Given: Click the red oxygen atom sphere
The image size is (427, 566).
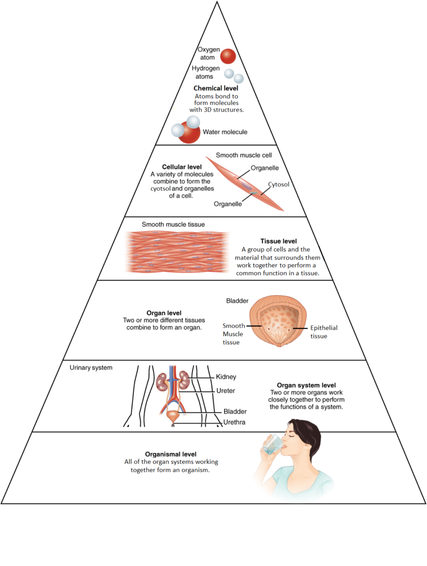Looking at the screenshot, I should click(228, 56).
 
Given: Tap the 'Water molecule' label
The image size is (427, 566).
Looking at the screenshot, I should click(225, 132).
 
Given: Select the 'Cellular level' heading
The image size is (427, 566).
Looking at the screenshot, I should click(182, 166).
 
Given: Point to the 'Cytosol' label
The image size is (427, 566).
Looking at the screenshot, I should click(279, 184).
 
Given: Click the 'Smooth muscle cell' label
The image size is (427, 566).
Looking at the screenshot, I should click(244, 155).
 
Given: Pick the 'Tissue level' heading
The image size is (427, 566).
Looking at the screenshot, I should click(278, 241).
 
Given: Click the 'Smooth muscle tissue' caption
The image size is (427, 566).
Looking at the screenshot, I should click(173, 224).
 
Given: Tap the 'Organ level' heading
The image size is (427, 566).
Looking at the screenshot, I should click(161, 312).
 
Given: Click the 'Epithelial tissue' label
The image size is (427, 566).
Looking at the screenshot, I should click(323, 332).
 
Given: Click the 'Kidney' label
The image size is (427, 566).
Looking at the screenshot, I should click(226, 377).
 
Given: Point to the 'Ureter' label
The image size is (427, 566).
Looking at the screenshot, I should click(225, 391).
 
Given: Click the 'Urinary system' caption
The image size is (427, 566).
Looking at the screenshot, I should click(91, 367).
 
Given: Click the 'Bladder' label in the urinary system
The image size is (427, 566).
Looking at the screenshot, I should click(235, 411).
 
